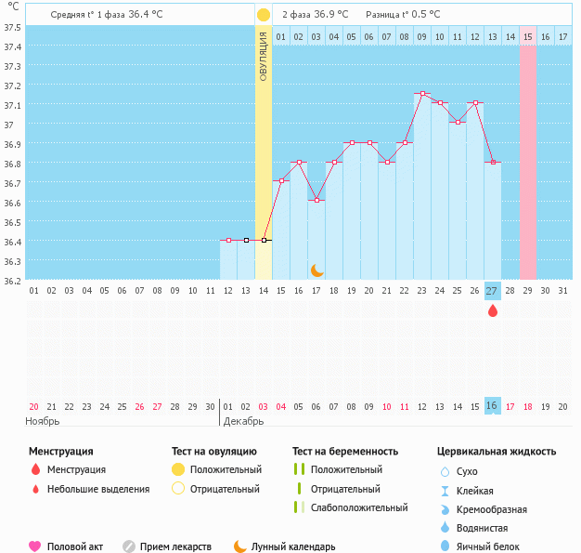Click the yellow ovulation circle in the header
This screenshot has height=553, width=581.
(x=264, y=15)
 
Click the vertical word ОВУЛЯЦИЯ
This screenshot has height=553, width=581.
(x=264, y=55)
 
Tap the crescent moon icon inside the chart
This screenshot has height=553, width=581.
(x=316, y=270)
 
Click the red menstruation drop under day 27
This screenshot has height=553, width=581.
(x=492, y=310)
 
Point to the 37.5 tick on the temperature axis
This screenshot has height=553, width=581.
(x=12, y=27)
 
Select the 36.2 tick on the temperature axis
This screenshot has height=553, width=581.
(x=12, y=279)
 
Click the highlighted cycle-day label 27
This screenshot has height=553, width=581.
(x=492, y=290)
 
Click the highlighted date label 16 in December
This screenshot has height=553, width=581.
(x=492, y=406)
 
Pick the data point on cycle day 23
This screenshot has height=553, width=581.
(x=422, y=94)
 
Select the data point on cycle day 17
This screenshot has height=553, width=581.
(x=316, y=201)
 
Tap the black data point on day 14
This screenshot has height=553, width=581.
(x=264, y=240)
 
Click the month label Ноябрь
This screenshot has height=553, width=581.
(x=43, y=421)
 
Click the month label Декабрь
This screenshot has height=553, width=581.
(x=242, y=421)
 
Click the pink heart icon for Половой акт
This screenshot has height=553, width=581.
(x=35, y=546)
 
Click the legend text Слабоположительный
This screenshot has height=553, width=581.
(x=359, y=507)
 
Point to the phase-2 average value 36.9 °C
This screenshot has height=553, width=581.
(x=331, y=15)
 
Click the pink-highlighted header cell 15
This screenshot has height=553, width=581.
(x=527, y=36)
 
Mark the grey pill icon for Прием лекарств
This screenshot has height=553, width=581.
(x=129, y=546)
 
